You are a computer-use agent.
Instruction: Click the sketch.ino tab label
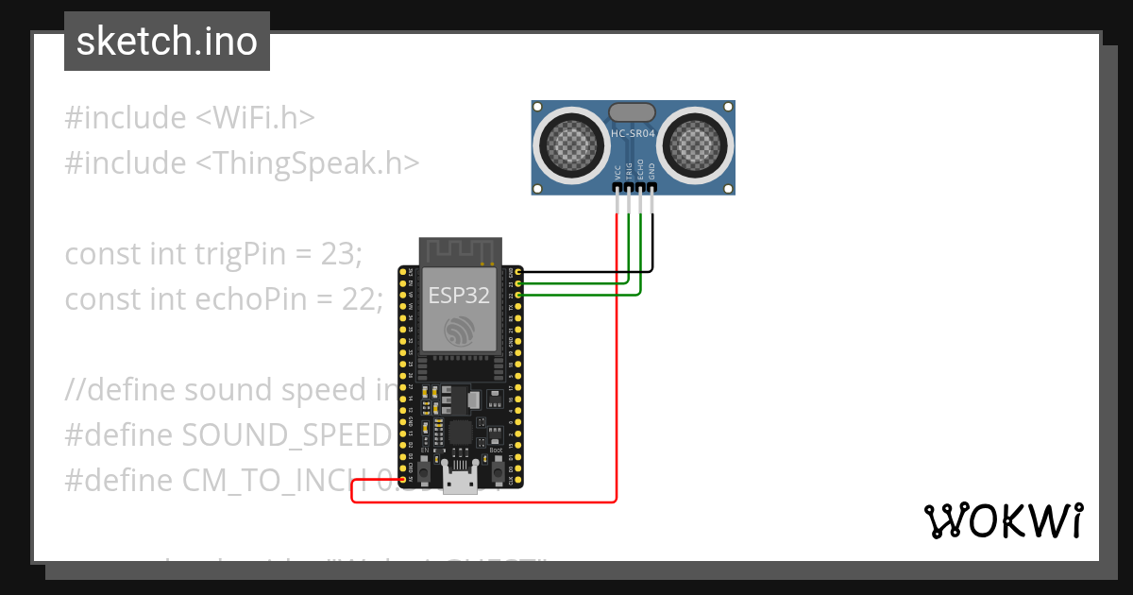coord(166,42)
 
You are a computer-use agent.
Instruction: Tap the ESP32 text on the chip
coord(459,295)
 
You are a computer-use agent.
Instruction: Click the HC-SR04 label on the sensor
coord(633,134)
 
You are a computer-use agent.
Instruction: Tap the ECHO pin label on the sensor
coord(640,171)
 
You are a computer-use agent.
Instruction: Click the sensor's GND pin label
coord(651,171)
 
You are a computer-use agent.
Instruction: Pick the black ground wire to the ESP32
coord(585,272)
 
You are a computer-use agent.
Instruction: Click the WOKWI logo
coord(1003,521)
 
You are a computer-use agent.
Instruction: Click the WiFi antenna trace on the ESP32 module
coord(459,250)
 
